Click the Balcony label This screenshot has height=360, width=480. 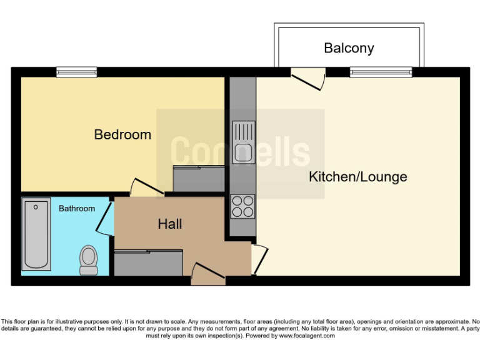click(x=349, y=48)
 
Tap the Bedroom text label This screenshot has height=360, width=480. click(x=122, y=134)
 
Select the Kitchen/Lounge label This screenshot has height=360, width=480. click(x=357, y=177)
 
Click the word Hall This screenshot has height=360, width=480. click(x=169, y=224)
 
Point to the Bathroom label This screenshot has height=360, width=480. click(x=77, y=208)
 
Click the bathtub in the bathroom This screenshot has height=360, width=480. click(x=36, y=234)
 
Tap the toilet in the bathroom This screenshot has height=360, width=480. click(x=89, y=259)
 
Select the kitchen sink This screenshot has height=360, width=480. click(x=243, y=142)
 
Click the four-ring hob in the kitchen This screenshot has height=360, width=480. click(x=243, y=207)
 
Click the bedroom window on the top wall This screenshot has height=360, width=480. click(x=76, y=72)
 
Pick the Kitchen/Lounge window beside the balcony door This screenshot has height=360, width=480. click(x=381, y=72)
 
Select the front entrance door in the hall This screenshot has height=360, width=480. click(x=207, y=274)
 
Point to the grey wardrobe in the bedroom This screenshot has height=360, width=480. click(x=198, y=179)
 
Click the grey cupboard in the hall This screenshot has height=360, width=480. click(x=148, y=262)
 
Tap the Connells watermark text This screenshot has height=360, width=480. click(x=240, y=152)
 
